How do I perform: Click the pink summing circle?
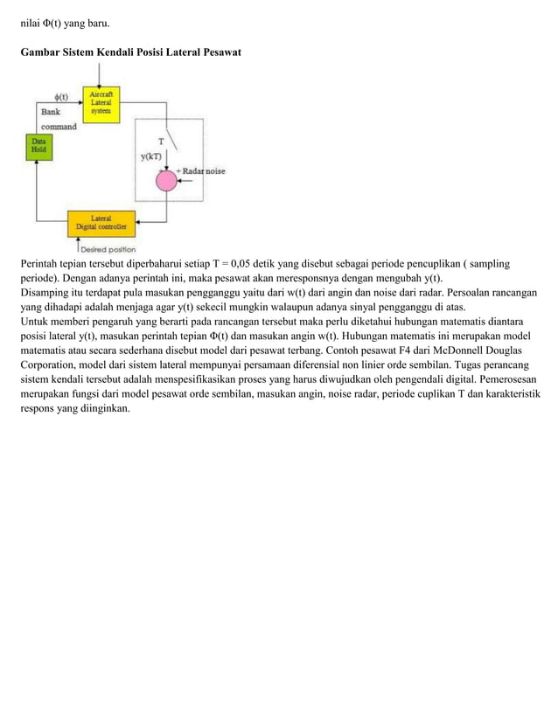coord(165,181)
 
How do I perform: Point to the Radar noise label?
coord(204,171)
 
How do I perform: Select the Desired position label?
coord(108,248)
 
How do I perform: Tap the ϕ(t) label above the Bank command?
coord(62,97)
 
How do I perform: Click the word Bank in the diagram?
coord(52,112)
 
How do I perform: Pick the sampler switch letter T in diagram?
coord(160,141)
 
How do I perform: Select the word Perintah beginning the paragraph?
coord(44,263)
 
